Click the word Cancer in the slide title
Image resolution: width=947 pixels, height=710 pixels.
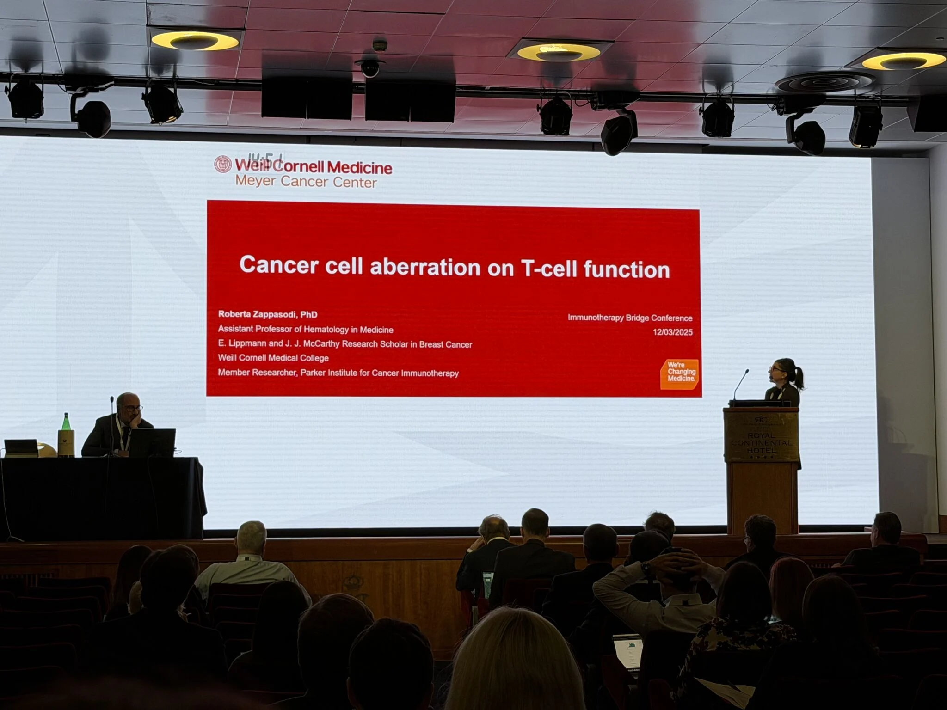[279, 265]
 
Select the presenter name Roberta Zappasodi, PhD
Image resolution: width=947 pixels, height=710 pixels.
[268, 314]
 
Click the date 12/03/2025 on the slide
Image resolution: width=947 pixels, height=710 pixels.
[672, 332]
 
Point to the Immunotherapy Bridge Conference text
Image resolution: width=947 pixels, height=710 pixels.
[630, 318]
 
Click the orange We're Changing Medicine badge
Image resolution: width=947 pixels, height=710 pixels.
[680, 373]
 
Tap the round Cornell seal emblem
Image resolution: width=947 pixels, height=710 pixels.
[223, 164]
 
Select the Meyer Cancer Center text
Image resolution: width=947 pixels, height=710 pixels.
[306, 181]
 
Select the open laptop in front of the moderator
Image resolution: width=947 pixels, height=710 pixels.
[153, 442]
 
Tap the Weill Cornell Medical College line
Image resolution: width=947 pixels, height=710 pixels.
[273, 358]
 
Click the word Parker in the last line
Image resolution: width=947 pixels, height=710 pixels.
[313, 373]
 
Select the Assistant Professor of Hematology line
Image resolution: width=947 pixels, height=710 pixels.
[306, 330]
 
